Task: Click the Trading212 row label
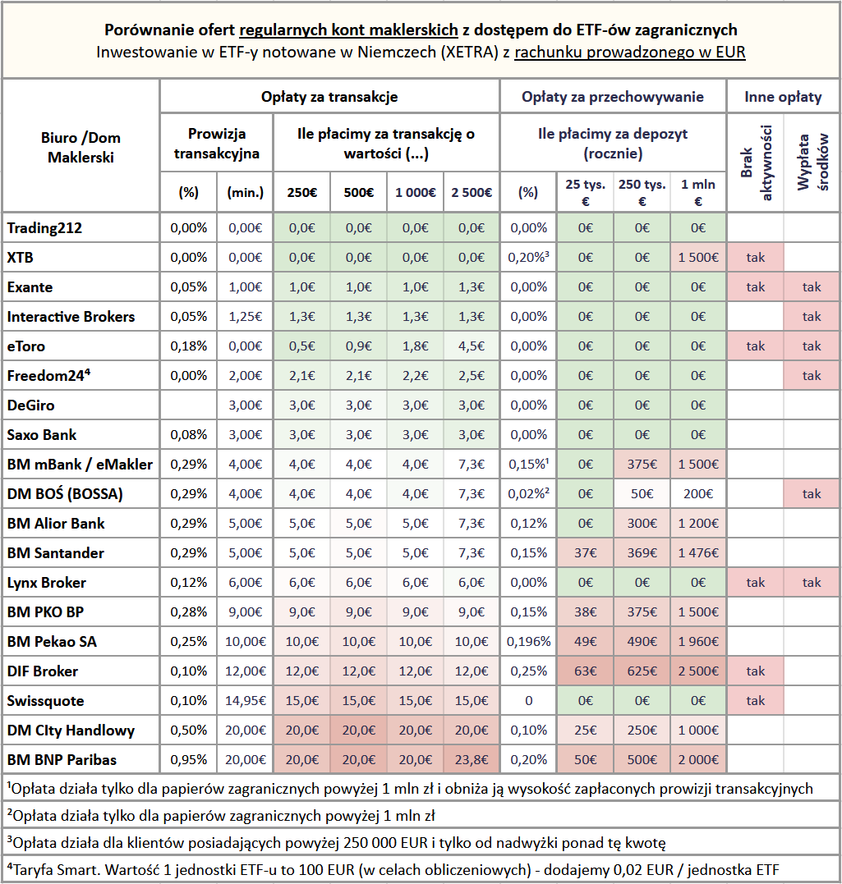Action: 44,227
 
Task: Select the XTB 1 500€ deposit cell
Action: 698,258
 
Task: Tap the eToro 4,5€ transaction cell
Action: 472,346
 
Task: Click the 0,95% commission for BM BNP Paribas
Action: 188,759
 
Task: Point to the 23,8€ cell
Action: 472,759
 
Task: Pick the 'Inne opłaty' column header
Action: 783,97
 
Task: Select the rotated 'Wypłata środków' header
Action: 812,163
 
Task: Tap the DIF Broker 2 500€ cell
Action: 698,671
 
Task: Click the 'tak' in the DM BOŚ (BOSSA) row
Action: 812,494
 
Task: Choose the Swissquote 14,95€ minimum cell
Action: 246,701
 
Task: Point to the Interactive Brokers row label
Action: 71,317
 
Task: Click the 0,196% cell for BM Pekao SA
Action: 528,642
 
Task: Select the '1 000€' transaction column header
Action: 416,193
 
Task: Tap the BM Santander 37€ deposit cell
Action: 585,553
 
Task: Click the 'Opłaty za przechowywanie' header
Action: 612,97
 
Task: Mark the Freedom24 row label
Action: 48,375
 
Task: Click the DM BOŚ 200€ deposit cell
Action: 698,494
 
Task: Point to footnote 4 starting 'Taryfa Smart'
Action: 393,870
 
